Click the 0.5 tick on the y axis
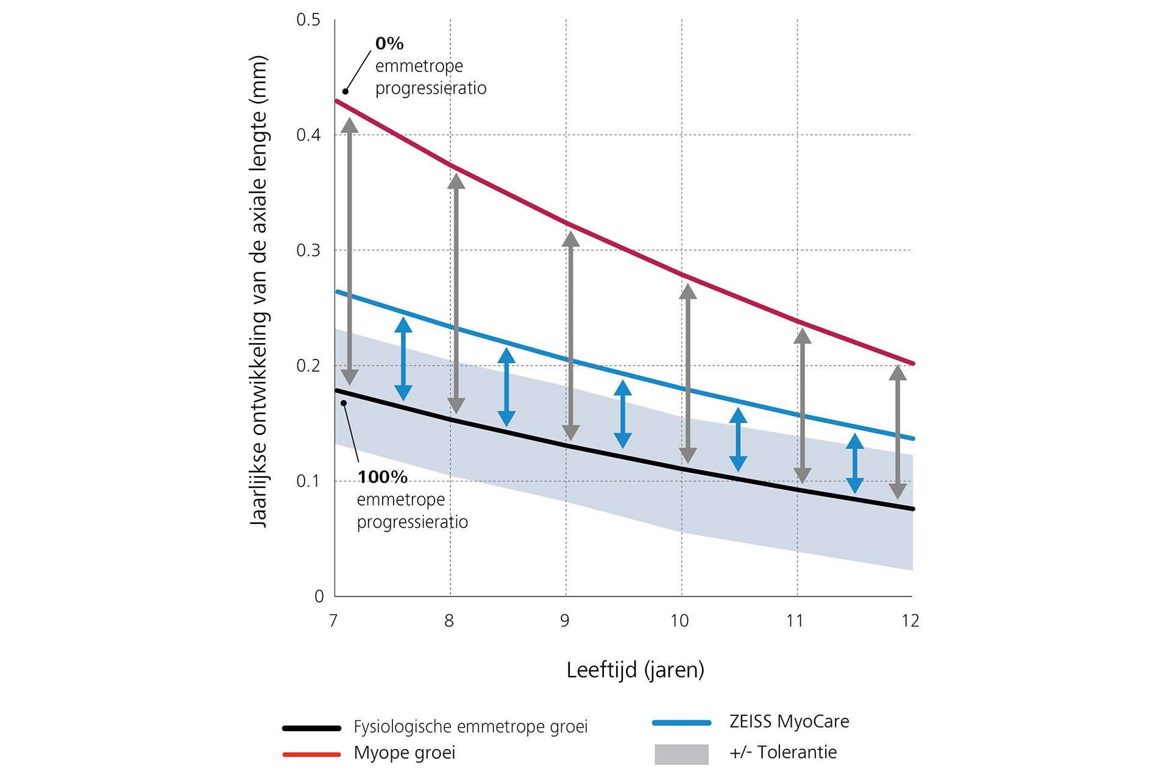tap(308, 20)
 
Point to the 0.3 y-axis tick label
tap(308, 250)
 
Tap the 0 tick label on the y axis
tap(319, 597)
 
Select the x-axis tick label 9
tap(565, 621)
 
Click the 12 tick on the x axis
tap(910, 621)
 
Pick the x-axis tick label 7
tap(333, 621)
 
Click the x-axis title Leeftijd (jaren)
tap(635, 670)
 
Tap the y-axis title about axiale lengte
tap(259, 291)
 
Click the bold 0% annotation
tap(389, 44)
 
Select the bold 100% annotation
tap(382, 477)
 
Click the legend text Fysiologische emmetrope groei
tap(470, 727)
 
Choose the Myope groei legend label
tap(405, 753)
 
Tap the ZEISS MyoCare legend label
tap(789, 721)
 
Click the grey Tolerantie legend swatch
tap(681, 754)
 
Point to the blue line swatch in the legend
tap(681, 723)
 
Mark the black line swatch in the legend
tap(311, 728)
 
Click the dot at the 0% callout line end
tap(346, 91)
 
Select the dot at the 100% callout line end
tap(344, 403)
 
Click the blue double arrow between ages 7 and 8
tap(403, 360)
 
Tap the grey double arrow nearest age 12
tap(898, 432)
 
